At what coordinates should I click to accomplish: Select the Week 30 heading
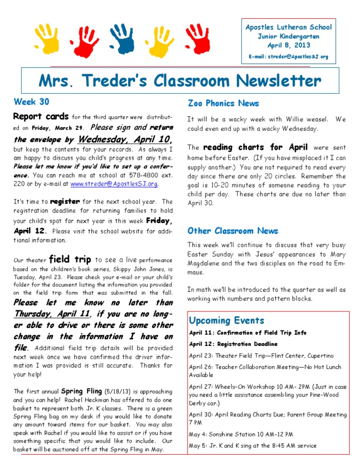(x=31, y=101)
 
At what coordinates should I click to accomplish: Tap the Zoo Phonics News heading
(x=223, y=103)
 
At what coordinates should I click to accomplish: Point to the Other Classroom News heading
(x=232, y=231)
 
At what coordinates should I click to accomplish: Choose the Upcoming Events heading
(x=226, y=321)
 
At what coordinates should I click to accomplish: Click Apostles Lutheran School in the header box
(x=288, y=27)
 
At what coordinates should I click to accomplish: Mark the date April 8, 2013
(x=288, y=45)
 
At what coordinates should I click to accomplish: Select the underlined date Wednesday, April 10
(x=123, y=139)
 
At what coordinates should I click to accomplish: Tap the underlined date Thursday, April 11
(x=52, y=314)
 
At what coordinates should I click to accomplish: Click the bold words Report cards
(x=41, y=116)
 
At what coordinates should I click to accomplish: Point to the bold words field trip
(x=70, y=259)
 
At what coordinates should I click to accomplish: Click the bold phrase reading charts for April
(x=255, y=147)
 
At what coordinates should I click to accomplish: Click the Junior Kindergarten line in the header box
(x=288, y=36)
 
